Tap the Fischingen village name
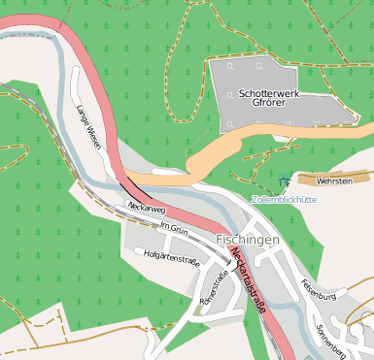coord(248,239)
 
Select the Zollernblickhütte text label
coord(284,199)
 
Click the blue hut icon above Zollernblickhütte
coord(283,181)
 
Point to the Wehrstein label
coord(334,180)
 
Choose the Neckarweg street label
coord(146,208)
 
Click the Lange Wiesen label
coord(88,126)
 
